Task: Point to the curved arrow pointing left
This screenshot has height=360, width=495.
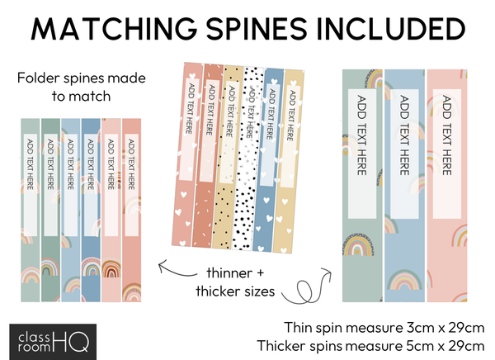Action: click(178, 267)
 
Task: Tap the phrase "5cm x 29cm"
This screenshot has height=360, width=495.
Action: click(444, 344)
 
